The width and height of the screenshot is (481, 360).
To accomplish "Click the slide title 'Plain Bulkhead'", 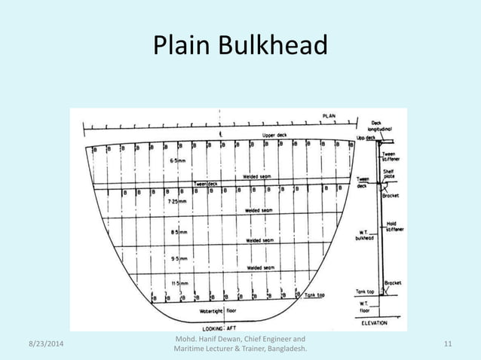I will pyautogui.click(x=240, y=47).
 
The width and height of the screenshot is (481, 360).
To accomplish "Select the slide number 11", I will pyautogui.click(x=449, y=344).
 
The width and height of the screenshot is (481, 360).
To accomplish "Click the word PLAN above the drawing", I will pyautogui.click(x=330, y=115).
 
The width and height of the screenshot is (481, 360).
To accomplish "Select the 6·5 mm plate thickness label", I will pyautogui.click(x=179, y=160).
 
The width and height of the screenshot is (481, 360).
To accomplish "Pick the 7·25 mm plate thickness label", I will pyautogui.click(x=179, y=203).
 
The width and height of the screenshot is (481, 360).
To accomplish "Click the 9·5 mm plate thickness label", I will pyautogui.click(x=179, y=258).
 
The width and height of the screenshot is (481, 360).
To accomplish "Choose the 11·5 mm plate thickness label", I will pyautogui.click(x=179, y=284).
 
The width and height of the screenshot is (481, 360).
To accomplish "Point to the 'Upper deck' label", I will pyautogui.click(x=274, y=136).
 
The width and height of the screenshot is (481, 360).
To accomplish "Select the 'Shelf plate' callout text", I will pyautogui.click(x=389, y=174).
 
